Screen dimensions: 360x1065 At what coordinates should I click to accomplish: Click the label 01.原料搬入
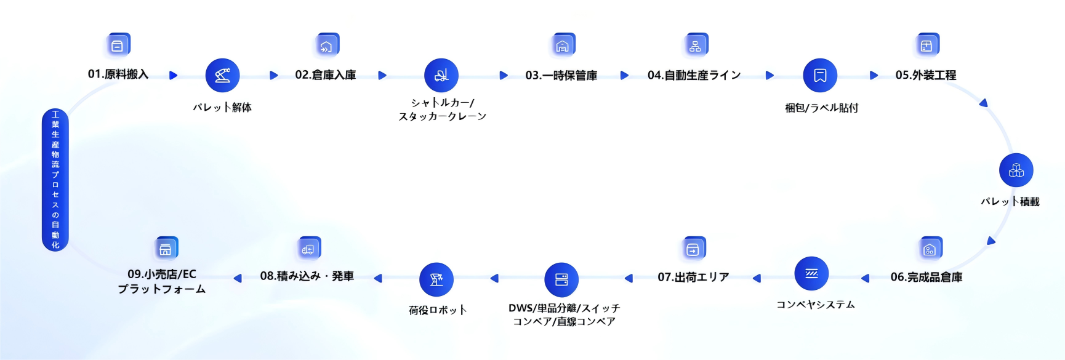pyautogui.click(x=118, y=74)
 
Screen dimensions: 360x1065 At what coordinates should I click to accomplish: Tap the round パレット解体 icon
pyautogui.click(x=222, y=76)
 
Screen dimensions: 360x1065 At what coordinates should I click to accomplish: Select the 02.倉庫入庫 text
pyautogui.click(x=325, y=75)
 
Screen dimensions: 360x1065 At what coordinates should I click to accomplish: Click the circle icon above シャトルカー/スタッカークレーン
pyautogui.click(x=441, y=76)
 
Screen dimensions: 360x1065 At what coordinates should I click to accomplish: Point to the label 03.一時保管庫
pyautogui.click(x=561, y=76)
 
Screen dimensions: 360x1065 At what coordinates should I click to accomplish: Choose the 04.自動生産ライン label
pyautogui.click(x=694, y=75)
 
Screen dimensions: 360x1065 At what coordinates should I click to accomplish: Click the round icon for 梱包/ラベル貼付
pyautogui.click(x=820, y=76)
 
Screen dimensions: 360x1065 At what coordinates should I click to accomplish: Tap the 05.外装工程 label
pyautogui.click(x=925, y=75)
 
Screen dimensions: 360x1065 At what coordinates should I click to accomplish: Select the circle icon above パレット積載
pyautogui.click(x=1016, y=170)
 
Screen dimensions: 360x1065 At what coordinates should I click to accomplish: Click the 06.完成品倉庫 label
pyautogui.click(x=926, y=278)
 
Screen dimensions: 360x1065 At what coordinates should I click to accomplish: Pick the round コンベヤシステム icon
pyautogui.click(x=811, y=274)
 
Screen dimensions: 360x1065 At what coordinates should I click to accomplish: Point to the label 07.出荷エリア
pyautogui.click(x=693, y=278)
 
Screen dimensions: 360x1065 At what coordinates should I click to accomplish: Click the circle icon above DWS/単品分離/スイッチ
pyautogui.click(x=561, y=280)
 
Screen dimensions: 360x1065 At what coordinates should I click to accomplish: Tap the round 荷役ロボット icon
pyautogui.click(x=436, y=280)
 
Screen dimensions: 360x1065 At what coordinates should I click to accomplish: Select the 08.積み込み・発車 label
pyautogui.click(x=307, y=276)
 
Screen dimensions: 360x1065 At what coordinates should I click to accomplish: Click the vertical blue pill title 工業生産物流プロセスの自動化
pyautogui.click(x=55, y=180)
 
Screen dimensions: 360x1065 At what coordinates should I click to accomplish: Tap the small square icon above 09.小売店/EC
pyautogui.click(x=166, y=249)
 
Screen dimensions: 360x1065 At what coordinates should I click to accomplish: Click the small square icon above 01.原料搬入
pyautogui.click(x=118, y=46)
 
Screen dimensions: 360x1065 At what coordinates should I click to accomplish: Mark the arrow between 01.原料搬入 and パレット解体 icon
pyautogui.click(x=173, y=75)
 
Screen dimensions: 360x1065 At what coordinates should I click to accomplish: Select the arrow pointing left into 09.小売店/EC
pyautogui.click(x=238, y=278)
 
